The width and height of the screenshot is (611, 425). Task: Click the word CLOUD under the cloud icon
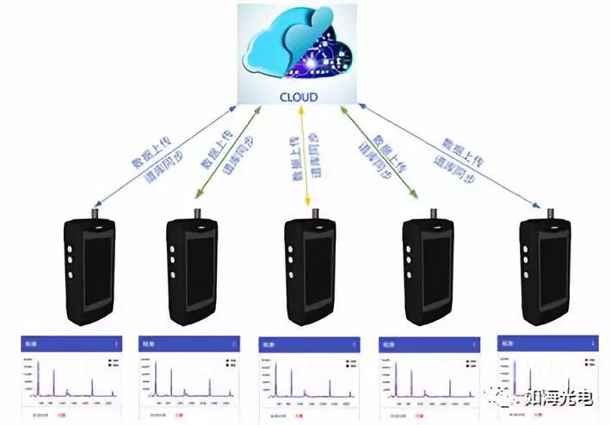[x=299, y=97]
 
